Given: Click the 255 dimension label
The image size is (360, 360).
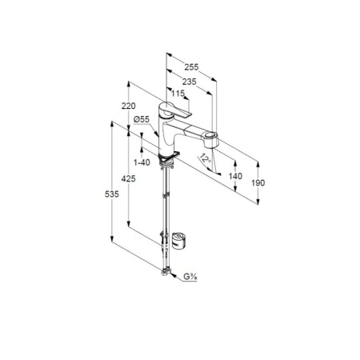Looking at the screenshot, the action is point(191,67).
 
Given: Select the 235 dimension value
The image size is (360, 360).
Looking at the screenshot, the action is point(189,82).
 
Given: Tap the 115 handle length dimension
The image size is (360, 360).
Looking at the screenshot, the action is point(178,94).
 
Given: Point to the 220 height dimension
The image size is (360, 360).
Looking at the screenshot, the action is point(129,106).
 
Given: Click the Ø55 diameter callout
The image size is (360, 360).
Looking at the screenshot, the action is point(142,119).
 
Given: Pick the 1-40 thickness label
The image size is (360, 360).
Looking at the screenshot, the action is point(142,162).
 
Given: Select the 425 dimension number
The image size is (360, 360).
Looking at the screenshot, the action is point(129,178).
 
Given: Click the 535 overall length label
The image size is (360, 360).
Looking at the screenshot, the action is point(112,194).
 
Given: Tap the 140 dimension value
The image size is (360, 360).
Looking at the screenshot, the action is point(235,176).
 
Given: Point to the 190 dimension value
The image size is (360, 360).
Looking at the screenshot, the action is point(258,182).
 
